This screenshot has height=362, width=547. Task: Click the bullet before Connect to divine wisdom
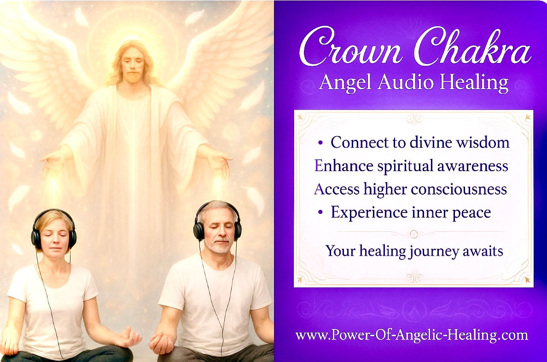[x=320, y=143]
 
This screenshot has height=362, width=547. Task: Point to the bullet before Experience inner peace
[x=320, y=213]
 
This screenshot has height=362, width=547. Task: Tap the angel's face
[x=133, y=67]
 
